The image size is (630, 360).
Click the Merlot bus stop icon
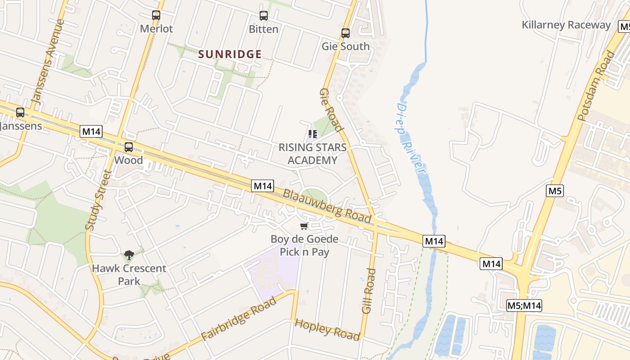(x=156, y=15)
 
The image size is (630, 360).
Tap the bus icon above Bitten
(x=264, y=16)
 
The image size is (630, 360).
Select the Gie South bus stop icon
(x=345, y=33)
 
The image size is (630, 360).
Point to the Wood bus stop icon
(x=129, y=147)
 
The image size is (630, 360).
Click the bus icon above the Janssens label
(x=20, y=112)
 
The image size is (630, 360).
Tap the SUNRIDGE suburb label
(x=230, y=54)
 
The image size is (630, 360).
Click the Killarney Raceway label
(x=566, y=25)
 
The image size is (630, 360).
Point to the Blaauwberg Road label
(x=327, y=207)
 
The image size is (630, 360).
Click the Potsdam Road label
(x=596, y=86)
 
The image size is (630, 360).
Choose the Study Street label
(x=98, y=200)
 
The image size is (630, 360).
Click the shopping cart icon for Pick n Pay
(x=304, y=226)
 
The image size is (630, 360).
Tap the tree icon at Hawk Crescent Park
(x=129, y=255)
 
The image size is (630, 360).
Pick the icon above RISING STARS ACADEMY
(x=312, y=134)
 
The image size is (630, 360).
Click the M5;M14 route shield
(x=524, y=306)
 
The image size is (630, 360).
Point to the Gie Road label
(x=332, y=110)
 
